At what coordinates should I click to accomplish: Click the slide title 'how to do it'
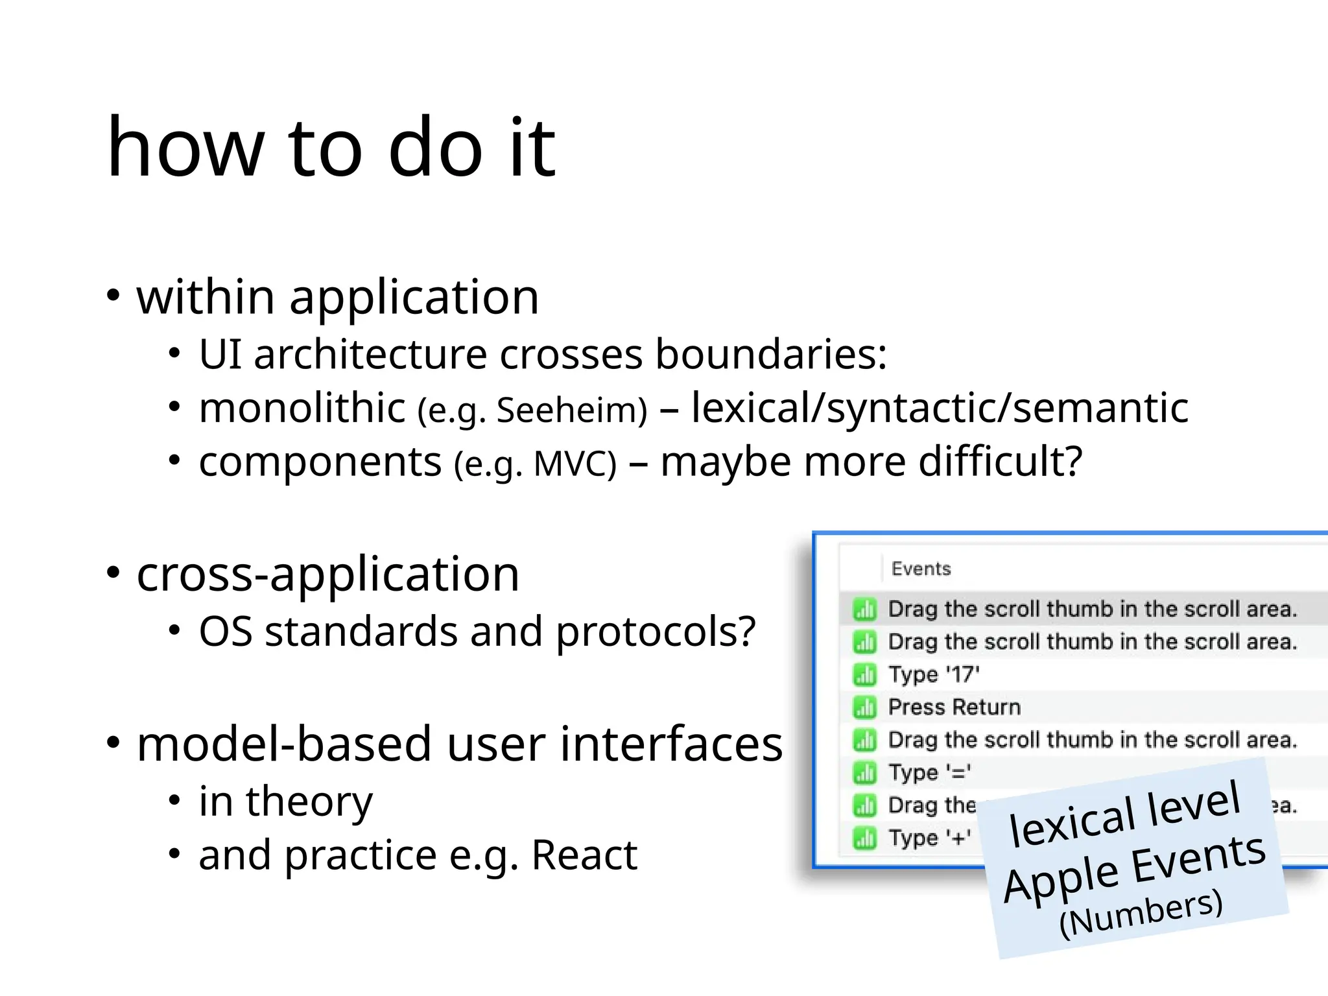(x=331, y=148)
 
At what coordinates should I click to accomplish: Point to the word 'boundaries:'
(x=770, y=355)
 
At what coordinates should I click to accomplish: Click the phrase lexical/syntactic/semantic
(x=940, y=409)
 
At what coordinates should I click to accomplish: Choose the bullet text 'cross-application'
(x=327, y=575)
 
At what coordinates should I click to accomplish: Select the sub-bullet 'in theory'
(x=285, y=801)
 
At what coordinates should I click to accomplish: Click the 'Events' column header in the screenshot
(x=921, y=569)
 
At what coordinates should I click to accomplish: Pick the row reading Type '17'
(x=933, y=674)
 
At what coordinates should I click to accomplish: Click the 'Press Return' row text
(x=954, y=707)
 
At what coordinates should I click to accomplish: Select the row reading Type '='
(x=929, y=772)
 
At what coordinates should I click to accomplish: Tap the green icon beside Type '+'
(x=864, y=838)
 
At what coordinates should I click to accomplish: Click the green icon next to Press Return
(x=864, y=707)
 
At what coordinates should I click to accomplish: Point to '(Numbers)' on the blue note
(x=1141, y=913)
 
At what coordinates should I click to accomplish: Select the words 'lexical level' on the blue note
(x=1124, y=816)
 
